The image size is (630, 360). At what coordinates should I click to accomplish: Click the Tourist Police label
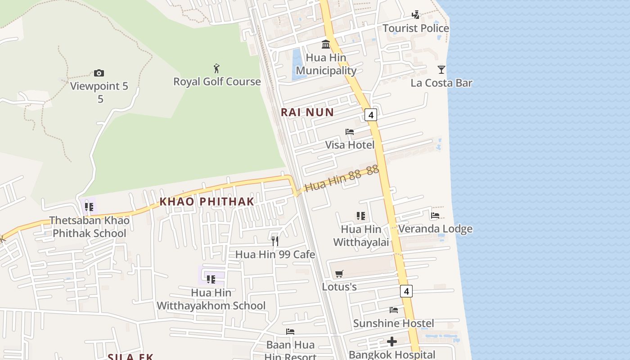pos(415,28)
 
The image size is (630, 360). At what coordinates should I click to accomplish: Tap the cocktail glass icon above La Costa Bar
pos(441,69)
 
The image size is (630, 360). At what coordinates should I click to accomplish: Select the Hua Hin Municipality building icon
pos(326,44)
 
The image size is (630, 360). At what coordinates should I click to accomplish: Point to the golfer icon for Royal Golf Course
pos(217,68)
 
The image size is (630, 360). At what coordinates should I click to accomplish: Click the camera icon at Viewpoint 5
pos(99,73)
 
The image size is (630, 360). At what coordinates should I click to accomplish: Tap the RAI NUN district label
pos(307,112)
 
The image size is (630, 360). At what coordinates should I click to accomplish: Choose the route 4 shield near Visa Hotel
pos(370,115)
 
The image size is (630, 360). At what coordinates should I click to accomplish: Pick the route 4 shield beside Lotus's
pos(406,291)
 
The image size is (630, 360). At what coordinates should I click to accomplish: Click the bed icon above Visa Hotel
pos(350,132)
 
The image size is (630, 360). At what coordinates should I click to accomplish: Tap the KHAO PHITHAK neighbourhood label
pos(207,202)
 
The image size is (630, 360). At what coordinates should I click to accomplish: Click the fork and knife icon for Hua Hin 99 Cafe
pos(275,241)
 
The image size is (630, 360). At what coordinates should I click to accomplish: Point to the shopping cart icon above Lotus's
pos(339,274)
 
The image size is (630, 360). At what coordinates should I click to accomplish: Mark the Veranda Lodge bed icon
pos(435,216)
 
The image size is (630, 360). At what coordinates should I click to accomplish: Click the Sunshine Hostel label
pos(393,323)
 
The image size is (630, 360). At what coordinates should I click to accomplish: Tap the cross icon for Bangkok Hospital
pos(392,342)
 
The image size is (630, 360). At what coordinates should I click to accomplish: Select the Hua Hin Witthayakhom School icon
pos(211,279)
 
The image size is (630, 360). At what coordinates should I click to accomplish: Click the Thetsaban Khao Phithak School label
pos(89,227)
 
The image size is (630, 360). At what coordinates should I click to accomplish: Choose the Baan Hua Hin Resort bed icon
pos(290,332)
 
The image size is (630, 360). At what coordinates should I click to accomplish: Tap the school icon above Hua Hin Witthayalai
pos(360,216)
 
